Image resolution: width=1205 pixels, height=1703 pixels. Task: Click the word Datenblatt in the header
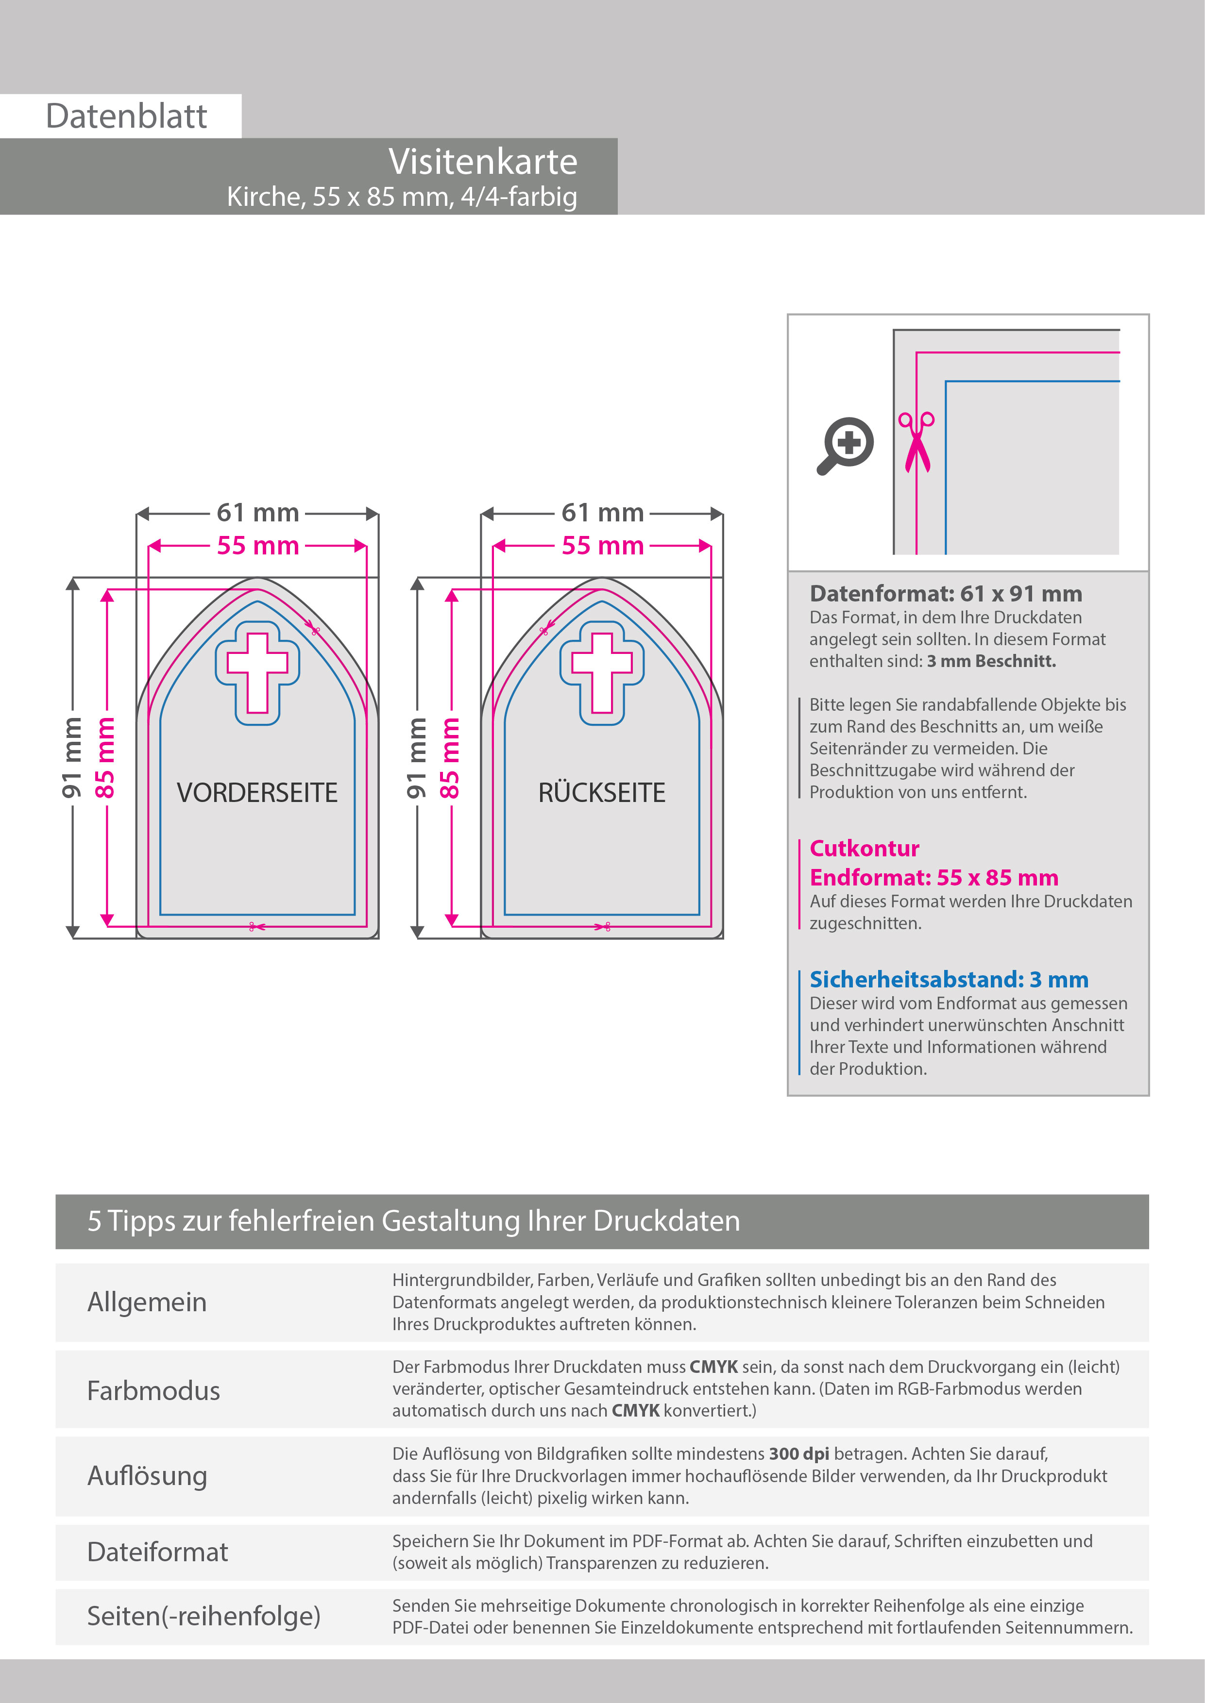[126, 117]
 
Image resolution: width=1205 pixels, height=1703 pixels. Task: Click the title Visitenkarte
[482, 162]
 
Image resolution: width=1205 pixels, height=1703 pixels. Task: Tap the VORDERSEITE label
[257, 793]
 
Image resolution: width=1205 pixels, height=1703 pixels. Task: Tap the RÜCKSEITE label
[602, 793]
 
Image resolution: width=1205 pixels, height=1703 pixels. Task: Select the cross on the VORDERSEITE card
[257, 672]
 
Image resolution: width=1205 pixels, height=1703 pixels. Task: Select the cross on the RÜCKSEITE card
[602, 672]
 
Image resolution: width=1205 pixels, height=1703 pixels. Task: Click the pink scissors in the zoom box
[916, 442]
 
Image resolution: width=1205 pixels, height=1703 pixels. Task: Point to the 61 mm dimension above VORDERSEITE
[257, 513]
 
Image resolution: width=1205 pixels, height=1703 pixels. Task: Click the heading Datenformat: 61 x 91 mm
[945, 593]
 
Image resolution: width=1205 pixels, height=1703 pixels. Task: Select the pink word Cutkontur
[864, 848]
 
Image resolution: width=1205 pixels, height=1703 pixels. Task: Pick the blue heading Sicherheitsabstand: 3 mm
[948, 979]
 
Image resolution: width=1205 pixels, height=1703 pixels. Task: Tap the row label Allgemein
[147, 1302]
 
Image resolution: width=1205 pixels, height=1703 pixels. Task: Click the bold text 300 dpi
[798, 1454]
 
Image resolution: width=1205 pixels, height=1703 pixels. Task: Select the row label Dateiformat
[157, 1552]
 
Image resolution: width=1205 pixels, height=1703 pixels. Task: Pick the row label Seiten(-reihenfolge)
[204, 1616]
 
